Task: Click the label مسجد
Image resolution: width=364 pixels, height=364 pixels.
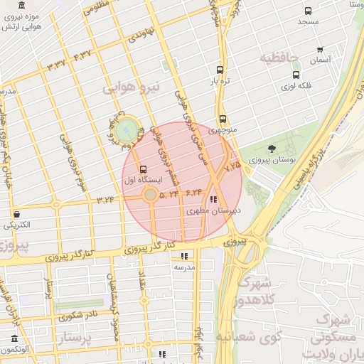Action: click(308, 22)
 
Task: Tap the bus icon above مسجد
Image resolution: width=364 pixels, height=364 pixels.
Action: click(308, 11)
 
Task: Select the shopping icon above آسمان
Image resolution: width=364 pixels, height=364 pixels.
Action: click(321, 50)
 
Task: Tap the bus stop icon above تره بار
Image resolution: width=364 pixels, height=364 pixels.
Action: click(220, 70)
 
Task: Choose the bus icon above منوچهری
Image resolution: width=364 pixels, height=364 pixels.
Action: click(223, 119)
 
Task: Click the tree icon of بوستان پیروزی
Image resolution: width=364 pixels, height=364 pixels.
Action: click(272, 149)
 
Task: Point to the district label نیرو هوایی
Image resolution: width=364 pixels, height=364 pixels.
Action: click(132, 88)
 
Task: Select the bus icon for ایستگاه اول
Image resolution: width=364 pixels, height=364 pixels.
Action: click(144, 170)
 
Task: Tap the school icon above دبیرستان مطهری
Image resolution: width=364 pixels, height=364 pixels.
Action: click(214, 199)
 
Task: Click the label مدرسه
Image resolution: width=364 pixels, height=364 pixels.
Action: click(185, 267)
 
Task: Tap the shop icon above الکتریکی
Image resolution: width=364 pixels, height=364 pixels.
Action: click(16, 214)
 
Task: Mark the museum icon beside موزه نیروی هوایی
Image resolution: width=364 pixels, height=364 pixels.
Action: click(22, 6)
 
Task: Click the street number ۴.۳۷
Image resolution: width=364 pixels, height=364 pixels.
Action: click(82, 54)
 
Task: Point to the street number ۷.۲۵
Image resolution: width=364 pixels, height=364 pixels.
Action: click(232, 166)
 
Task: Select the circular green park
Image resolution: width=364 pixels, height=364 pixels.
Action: click(127, 129)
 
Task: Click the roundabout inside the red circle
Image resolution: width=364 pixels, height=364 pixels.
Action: click(150, 194)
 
